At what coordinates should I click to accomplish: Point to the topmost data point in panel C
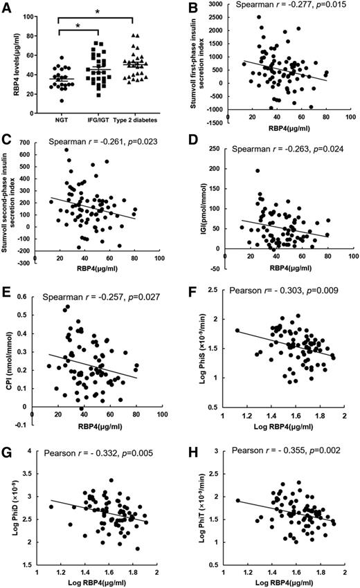[x=67, y=150]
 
